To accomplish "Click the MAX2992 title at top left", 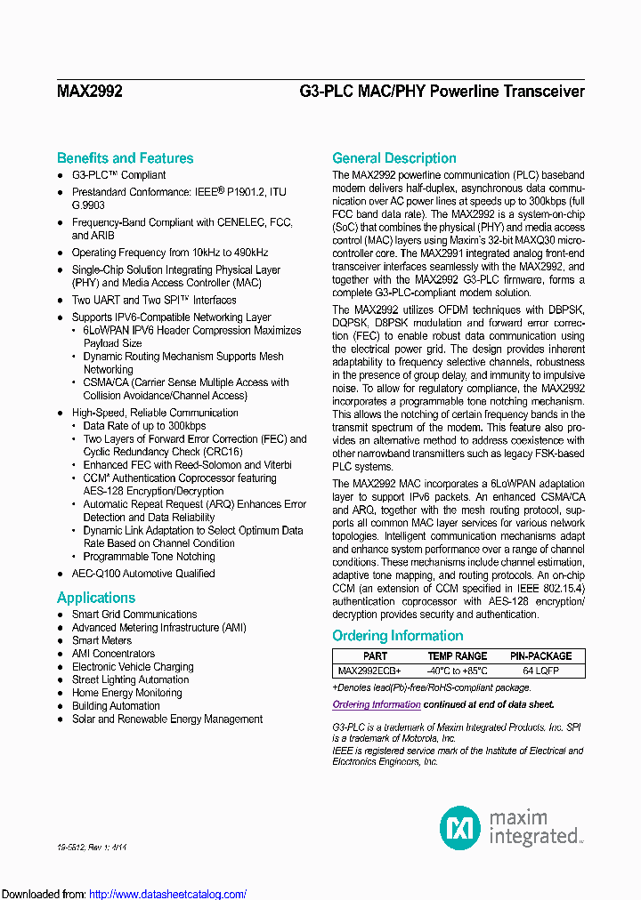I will [x=89, y=92].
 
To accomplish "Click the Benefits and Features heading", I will [x=125, y=158].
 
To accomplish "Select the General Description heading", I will [x=394, y=158].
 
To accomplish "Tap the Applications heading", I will [x=96, y=598].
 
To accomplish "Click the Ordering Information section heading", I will [x=397, y=636].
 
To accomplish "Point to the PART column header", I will [x=375, y=656].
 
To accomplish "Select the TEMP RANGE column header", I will [x=458, y=656].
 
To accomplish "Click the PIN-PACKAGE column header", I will [x=540, y=656].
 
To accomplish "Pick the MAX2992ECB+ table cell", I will [x=369, y=671].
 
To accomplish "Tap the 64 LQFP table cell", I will [x=540, y=671].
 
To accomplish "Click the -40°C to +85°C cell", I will [x=458, y=671].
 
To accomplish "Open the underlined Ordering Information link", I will [x=376, y=704].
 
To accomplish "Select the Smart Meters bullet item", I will [x=101, y=640].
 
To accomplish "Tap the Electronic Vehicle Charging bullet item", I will [x=133, y=667].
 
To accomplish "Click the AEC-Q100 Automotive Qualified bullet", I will [x=142, y=574].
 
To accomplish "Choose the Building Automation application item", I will [x=116, y=706].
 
